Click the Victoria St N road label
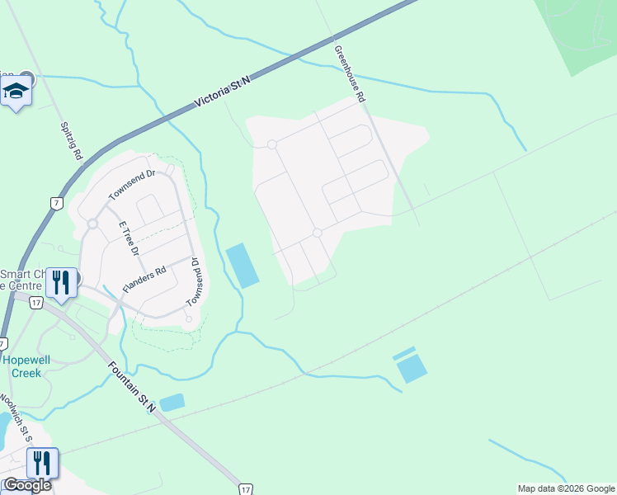tap(222, 90)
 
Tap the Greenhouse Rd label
tap(350, 73)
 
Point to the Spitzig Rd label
tap(72, 141)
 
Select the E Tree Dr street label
tap(130, 238)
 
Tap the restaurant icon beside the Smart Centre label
tap(61, 282)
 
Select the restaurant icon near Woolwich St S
tap(42, 463)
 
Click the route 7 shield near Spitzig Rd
tap(56, 204)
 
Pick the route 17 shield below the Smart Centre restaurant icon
tap(35, 303)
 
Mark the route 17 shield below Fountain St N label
tap(244, 488)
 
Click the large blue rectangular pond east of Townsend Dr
tap(241, 266)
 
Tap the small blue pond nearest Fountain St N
tap(172, 403)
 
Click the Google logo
tap(26, 485)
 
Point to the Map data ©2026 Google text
tap(565, 488)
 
